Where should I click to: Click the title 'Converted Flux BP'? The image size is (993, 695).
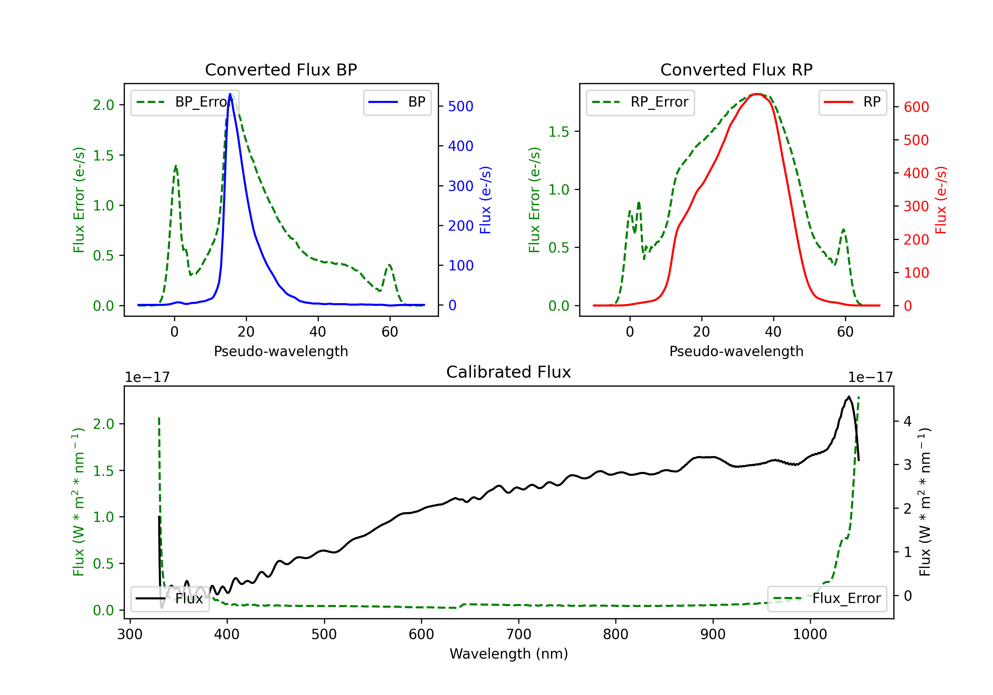click(281, 69)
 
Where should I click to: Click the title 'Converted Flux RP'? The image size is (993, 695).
click(736, 69)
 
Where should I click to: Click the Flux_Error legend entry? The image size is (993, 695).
click(827, 599)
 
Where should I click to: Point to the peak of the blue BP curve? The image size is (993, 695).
click(230, 94)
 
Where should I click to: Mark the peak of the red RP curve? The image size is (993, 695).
click(757, 94)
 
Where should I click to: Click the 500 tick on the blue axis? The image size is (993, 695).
click(461, 106)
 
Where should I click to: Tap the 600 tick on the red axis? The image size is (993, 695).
click(916, 107)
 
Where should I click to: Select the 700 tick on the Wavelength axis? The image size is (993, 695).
click(519, 634)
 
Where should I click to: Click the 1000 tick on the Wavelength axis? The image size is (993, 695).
click(810, 634)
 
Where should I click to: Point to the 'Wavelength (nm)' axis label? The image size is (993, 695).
click(509, 654)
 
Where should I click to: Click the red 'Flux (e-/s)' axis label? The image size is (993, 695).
click(941, 200)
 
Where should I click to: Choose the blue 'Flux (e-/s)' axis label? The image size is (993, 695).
click(485, 200)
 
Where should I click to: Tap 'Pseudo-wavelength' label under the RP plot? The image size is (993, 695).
click(736, 351)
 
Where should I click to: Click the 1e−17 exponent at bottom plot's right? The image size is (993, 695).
click(870, 377)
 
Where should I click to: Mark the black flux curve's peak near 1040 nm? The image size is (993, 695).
click(849, 396)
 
